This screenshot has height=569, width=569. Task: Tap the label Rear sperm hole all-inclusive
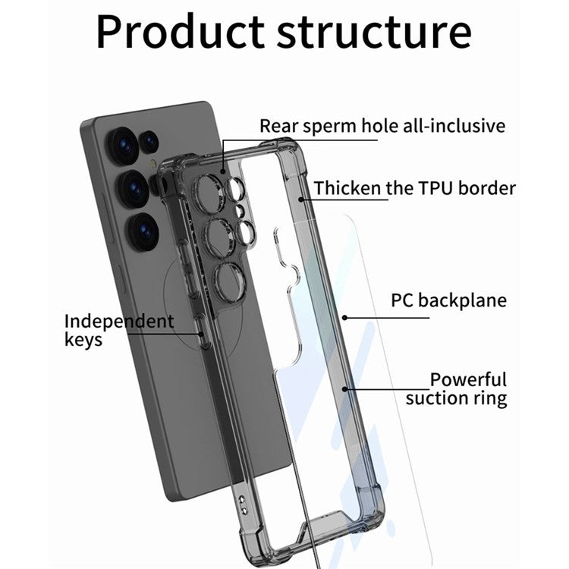(382, 125)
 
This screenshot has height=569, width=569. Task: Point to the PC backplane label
(448, 300)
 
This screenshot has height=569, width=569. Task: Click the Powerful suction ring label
(456, 388)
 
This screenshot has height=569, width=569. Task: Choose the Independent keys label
(118, 330)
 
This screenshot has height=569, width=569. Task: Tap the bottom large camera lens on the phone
(140, 226)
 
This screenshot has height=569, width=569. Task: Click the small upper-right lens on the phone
(150, 141)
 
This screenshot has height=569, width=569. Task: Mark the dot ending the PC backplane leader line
(344, 317)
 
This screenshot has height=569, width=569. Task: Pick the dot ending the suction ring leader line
(345, 389)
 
